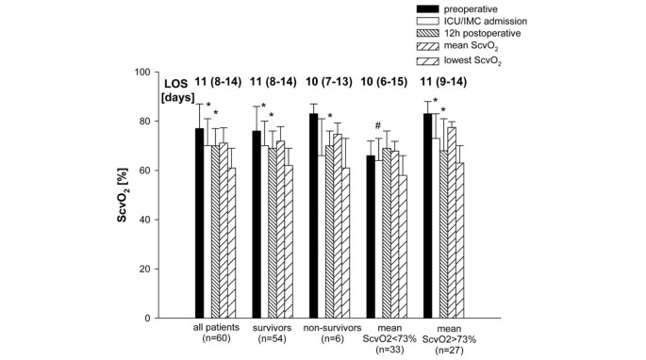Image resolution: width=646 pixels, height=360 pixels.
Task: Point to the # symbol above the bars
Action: coord(376,126)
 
